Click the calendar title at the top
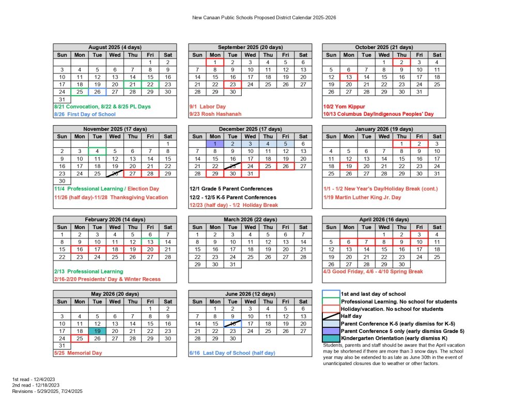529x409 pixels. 264,17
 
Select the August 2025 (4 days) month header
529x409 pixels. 115,47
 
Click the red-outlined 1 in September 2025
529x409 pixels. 215,62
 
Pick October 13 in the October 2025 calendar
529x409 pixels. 349,77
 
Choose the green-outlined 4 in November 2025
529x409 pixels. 97,152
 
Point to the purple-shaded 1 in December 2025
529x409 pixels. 215,144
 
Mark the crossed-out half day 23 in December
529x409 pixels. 232,166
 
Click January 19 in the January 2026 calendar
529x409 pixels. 349,166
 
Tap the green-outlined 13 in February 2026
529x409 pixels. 150,241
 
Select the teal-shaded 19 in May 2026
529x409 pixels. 97,331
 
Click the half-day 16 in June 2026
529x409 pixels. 232,324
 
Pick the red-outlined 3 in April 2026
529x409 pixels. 419,234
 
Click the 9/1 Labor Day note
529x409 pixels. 205,107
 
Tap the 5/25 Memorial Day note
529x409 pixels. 78,353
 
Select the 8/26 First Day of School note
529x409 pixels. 85,114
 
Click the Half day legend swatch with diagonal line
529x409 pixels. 331,316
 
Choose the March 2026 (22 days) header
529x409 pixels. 250,219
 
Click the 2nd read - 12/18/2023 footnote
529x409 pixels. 36,385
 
